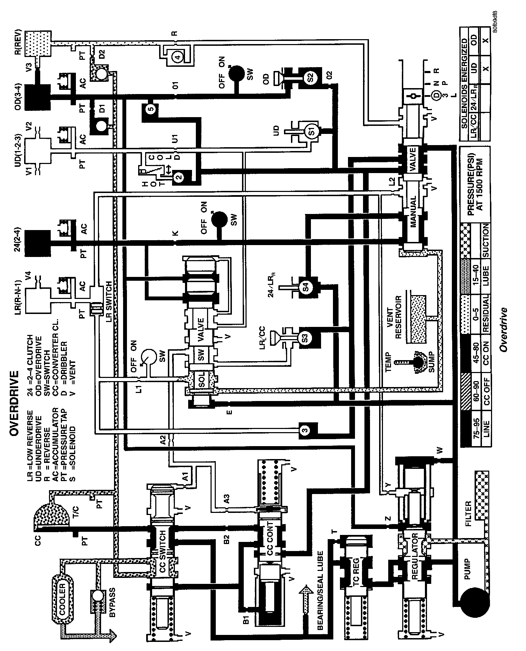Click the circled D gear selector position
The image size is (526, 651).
pyautogui.click(x=436, y=95)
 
